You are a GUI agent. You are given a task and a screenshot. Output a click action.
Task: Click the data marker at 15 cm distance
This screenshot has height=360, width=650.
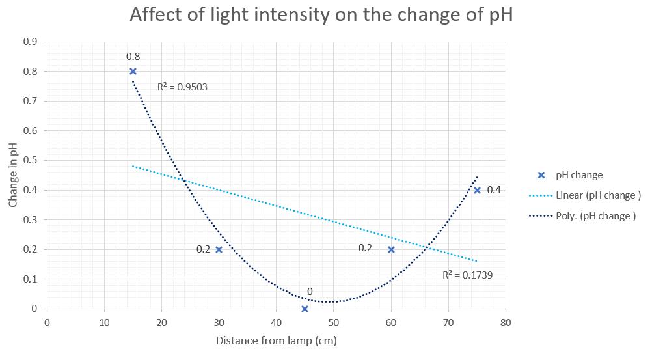point(133,72)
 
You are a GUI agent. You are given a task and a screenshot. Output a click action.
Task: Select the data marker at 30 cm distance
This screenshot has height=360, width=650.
point(219,249)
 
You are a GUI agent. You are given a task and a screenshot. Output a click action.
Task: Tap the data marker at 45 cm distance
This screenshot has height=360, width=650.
point(305,309)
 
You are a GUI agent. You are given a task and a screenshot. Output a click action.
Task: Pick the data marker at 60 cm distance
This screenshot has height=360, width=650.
point(391,249)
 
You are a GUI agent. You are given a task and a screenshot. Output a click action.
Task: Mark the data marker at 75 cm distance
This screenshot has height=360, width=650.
point(477,190)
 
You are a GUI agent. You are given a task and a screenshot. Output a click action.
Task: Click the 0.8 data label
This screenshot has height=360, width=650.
point(133,57)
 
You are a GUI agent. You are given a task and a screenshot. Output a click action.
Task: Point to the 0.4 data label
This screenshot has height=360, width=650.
point(494,190)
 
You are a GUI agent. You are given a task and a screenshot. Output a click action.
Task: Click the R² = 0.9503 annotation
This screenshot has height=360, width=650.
point(182,87)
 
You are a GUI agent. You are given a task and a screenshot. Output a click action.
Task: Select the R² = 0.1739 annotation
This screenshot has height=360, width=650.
point(467,275)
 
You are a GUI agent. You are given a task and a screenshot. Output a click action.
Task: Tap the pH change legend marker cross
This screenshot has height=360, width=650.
point(541,175)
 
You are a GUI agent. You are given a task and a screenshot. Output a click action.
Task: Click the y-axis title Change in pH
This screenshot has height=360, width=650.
point(14,176)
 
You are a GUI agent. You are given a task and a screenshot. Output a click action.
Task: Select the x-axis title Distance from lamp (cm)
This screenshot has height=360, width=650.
point(276,340)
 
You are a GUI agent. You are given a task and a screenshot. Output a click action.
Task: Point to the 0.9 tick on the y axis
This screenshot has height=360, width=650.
point(31,42)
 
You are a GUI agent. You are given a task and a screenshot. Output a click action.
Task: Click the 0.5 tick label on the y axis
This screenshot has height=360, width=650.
point(31,160)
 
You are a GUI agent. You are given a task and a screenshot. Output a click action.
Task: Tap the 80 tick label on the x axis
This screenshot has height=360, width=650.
point(506,322)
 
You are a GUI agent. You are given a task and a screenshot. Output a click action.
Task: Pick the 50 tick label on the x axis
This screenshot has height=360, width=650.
point(333,322)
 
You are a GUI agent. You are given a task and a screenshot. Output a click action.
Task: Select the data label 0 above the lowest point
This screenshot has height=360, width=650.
point(310,292)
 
